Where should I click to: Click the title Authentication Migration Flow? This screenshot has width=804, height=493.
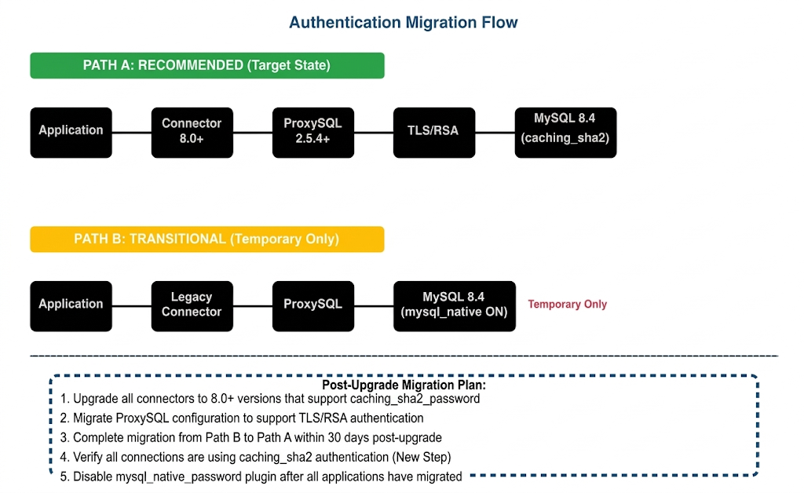tap(403, 22)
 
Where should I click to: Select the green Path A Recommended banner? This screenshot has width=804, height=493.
tap(206, 65)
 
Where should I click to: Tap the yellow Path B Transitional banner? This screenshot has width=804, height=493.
tap(206, 239)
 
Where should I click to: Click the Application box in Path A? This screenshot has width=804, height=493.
tap(71, 130)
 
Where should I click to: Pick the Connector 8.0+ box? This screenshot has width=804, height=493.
tap(192, 130)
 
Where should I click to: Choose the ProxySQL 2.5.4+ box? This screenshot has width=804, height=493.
tap(312, 130)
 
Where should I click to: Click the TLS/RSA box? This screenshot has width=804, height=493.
tap(433, 130)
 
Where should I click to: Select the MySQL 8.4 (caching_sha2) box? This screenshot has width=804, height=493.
tap(565, 130)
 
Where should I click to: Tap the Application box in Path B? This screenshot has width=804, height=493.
tap(71, 305)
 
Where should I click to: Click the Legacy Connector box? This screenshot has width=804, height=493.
tap(192, 305)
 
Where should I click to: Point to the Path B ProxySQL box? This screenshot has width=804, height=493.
tap(312, 305)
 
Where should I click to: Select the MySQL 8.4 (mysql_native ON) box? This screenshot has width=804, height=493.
tap(454, 305)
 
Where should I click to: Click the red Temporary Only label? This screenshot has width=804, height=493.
tap(567, 305)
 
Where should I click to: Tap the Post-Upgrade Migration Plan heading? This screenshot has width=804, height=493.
tap(404, 385)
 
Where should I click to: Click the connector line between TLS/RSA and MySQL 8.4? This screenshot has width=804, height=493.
tap(495, 133)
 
